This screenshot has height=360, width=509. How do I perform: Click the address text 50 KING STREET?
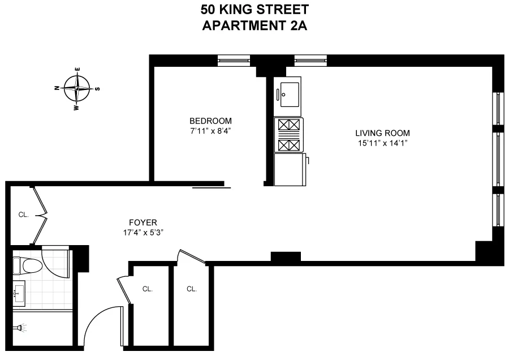coord(254,10)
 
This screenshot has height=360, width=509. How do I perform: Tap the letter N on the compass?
coord(57,88)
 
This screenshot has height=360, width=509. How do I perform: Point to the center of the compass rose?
coord(77,88)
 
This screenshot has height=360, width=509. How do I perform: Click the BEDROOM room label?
coord(210,121)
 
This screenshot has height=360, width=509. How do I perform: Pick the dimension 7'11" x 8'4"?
coord(210,131)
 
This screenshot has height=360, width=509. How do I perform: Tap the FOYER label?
coord(143,222)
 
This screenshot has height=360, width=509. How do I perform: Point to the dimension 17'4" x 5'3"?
coord(143,233)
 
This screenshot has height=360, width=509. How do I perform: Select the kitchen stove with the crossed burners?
coord(288,135)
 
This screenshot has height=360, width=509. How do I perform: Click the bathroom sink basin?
coord(19,293)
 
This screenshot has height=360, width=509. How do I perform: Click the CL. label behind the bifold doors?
coord(23,215)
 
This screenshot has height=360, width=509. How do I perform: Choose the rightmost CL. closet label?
coord(192,289)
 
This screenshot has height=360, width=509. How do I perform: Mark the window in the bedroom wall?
coord(234,59)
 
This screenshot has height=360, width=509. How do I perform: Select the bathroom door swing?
coord(57,260)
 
